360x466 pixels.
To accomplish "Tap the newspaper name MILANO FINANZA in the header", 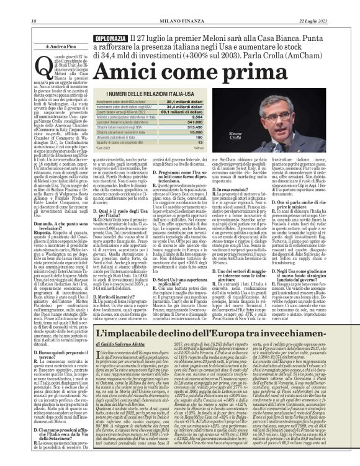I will click(180, 6).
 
